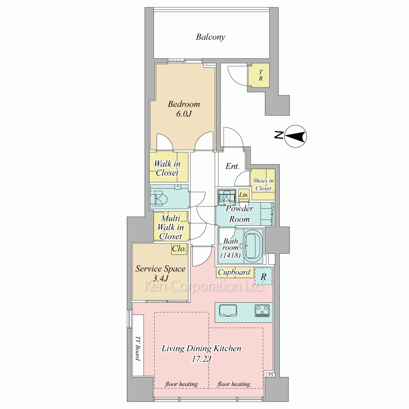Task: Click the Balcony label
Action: click(x=210, y=37)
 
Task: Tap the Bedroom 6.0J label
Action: click(x=184, y=109)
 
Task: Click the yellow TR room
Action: click(x=259, y=75)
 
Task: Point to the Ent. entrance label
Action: click(x=232, y=166)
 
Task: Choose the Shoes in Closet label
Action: click(x=263, y=184)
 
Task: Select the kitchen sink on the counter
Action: click(x=228, y=310)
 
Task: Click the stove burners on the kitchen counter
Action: click(x=262, y=310)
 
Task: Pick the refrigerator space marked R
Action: click(x=263, y=276)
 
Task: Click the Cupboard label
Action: click(x=234, y=272)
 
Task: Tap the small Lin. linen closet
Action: click(x=244, y=195)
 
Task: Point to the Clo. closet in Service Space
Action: click(x=179, y=249)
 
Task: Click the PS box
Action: click(x=270, y=375)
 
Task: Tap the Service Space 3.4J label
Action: click(x=160, y=273)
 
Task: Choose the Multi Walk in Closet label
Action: click(x=170, y=227)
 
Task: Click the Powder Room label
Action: click(x=239, y=213)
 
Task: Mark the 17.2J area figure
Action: click(x=201, y=359)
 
